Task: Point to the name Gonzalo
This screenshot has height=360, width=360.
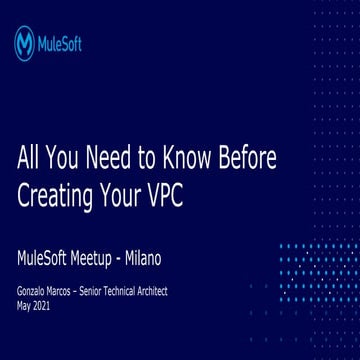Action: point(36,291)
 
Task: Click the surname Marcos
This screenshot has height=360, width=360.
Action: point(74,291)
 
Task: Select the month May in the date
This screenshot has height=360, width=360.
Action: point(25,305)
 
